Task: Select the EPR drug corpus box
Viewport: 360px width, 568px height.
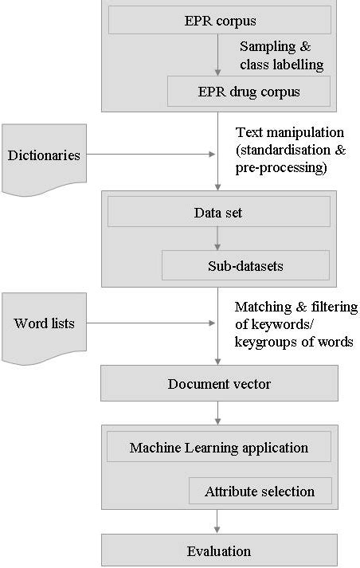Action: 248,92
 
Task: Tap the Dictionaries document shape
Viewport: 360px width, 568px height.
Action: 45,155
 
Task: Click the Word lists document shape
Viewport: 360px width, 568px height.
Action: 45,323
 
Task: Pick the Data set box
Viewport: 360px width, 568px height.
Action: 218,212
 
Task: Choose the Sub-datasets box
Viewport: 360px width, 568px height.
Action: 245,264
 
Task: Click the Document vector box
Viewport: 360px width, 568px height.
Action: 219,384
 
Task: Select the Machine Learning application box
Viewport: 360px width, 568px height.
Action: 219,447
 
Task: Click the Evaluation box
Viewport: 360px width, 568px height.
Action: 219,550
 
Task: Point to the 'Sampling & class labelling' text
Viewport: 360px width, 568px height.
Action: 275,54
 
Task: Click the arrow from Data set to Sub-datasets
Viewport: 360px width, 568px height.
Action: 218,238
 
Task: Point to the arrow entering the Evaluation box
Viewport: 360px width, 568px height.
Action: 218,522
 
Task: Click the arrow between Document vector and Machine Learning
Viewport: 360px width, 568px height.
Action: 218,413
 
